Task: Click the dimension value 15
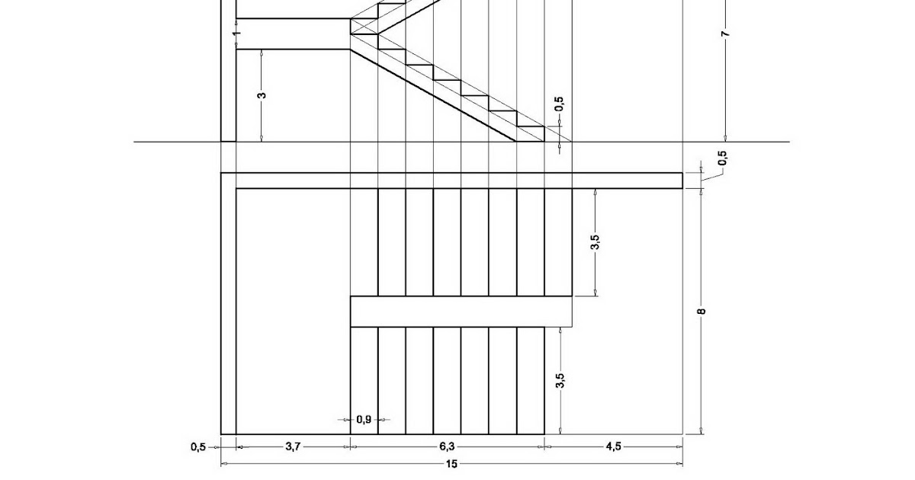click(452, 464)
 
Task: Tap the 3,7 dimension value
click(292, 447)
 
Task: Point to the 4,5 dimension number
click(613, 447)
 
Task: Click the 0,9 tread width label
click(364, 420)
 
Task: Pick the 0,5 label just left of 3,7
click(198, 447)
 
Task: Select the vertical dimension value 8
click(701, 310)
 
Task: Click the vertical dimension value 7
click(725, 34)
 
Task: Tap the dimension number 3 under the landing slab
click(262, 95)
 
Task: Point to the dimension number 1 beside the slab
click(237, 34)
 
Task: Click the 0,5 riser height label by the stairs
click(559, 104)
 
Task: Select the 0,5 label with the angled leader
click(722, 158)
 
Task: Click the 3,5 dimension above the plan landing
click(596, 242)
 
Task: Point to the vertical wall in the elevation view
click(228, 76)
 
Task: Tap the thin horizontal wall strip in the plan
click(457, 181)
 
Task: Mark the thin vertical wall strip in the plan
click(228, 305)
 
